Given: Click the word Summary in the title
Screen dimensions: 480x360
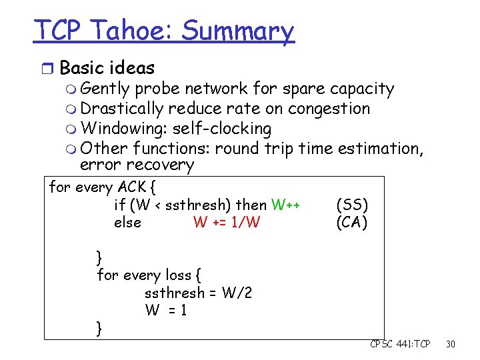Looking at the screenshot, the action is (237, 32).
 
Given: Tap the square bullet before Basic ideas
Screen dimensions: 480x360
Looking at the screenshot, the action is (49, 68).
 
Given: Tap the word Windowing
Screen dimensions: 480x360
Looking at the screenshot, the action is (123, 128).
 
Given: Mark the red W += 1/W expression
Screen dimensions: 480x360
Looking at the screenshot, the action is (226, 222).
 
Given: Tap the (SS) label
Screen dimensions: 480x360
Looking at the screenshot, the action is (352, 205).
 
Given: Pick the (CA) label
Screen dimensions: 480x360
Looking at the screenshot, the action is (352, 222).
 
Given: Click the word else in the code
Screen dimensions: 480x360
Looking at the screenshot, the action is (127, 222).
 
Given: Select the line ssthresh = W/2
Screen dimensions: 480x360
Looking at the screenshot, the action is (198, 293).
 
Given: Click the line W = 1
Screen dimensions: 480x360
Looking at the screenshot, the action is (166, 310).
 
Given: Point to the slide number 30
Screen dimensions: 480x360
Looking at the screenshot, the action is (451, 344).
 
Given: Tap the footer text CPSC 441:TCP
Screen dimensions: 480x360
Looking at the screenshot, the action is (400, 344).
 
